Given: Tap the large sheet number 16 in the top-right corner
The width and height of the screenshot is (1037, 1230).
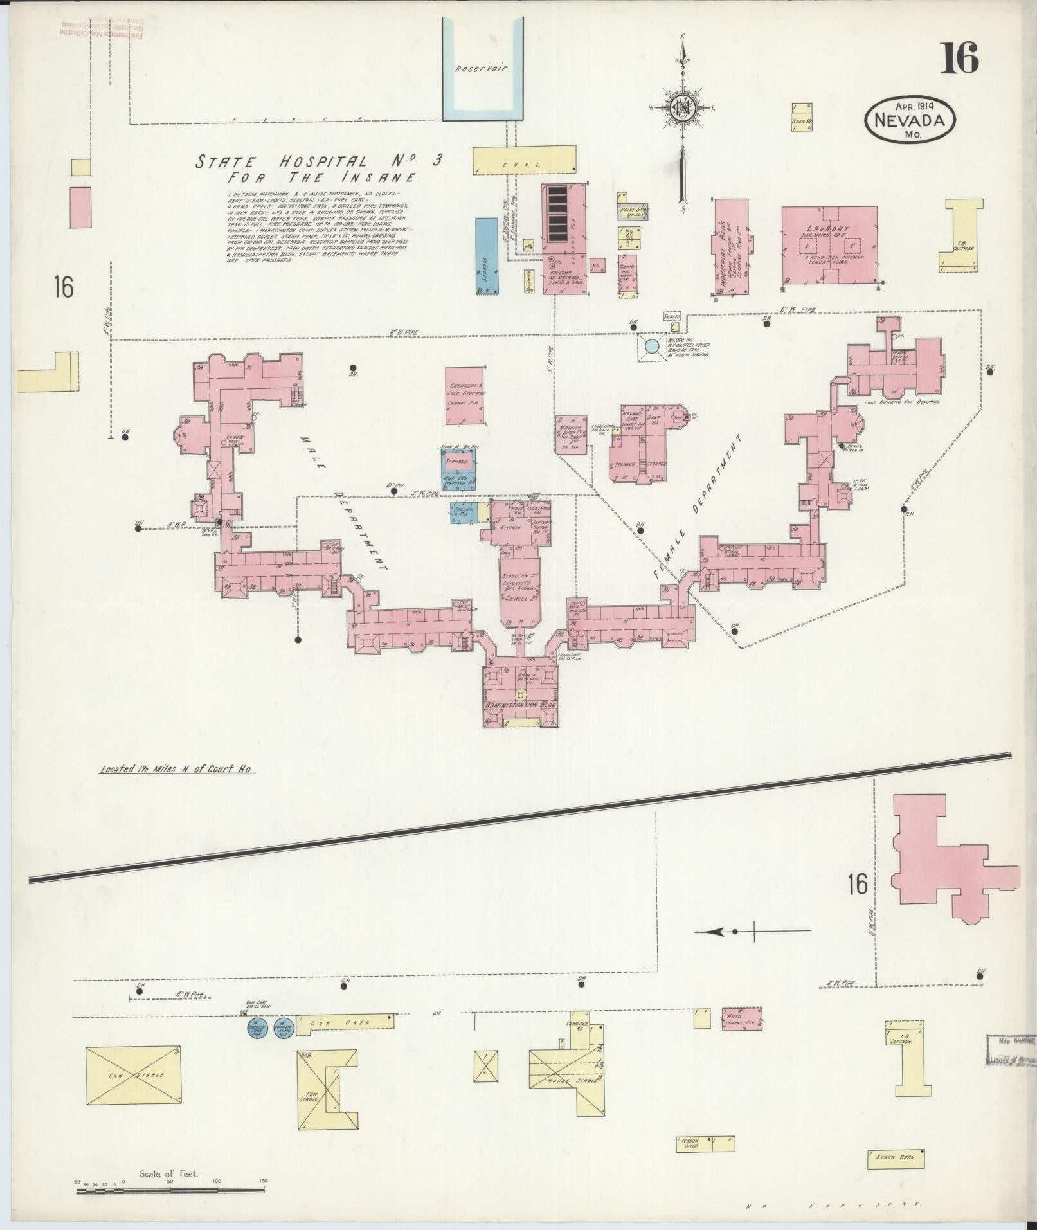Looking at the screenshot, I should (x=960, y=59).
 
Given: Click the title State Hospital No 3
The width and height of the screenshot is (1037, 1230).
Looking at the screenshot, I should (x=320, y=161).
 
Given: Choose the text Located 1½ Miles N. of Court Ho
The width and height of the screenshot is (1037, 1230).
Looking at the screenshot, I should (x=177, y=769).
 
